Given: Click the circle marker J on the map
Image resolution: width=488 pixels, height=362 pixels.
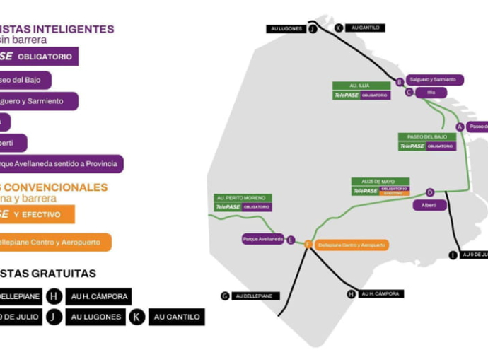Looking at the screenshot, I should (x=313, y=28).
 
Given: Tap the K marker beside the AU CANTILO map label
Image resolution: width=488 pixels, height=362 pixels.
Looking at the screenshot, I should (x=339, y=28).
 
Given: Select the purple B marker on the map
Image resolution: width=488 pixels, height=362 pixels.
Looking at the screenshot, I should (x=400, y=81).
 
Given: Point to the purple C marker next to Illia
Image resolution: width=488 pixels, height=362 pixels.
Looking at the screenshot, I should (x=409, y=92).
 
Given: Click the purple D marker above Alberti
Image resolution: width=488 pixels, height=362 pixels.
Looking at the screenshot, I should (x=430, y=192).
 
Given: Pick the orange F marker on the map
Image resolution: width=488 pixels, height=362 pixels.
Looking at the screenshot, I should (x=308, y=245).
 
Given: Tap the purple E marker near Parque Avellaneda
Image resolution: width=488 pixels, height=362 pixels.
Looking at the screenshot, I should (x=291, y=240).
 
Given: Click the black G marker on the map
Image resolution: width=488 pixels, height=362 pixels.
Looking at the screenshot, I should (x=225, y=296).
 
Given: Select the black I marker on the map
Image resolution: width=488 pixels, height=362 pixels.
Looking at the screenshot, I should (x=453, y=255).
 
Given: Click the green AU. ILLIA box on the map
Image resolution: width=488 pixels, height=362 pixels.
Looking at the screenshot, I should (x=361, y=86).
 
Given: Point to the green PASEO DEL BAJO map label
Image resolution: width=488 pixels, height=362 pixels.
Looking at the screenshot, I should (x=427, y=136).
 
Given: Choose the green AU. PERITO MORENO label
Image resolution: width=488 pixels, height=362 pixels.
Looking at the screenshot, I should (x=243, y=198).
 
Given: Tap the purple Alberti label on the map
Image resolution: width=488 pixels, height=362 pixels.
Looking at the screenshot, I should (x=429, y=205).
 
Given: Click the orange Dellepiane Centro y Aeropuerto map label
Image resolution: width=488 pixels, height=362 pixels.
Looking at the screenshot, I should (x=352, y=245).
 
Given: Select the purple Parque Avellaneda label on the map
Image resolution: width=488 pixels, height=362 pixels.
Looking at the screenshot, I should (x=262, y=239).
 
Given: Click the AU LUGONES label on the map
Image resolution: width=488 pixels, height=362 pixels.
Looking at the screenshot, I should (x=286, y=29).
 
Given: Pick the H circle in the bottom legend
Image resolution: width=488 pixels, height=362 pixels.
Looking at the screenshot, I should (x=54, y=296).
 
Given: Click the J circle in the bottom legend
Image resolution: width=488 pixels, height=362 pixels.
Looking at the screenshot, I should (x=54, y=317).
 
